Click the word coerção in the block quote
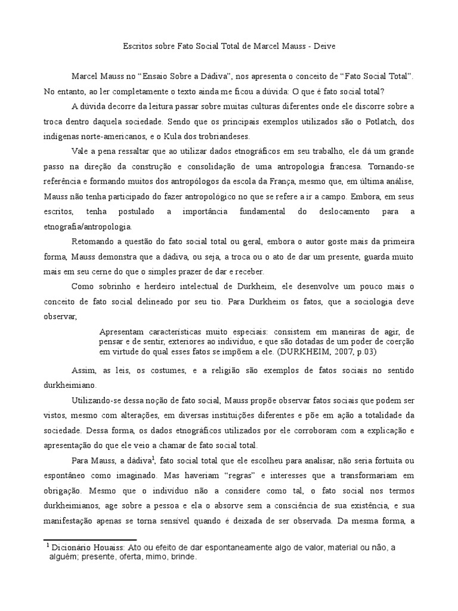click(x=398, y=341)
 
